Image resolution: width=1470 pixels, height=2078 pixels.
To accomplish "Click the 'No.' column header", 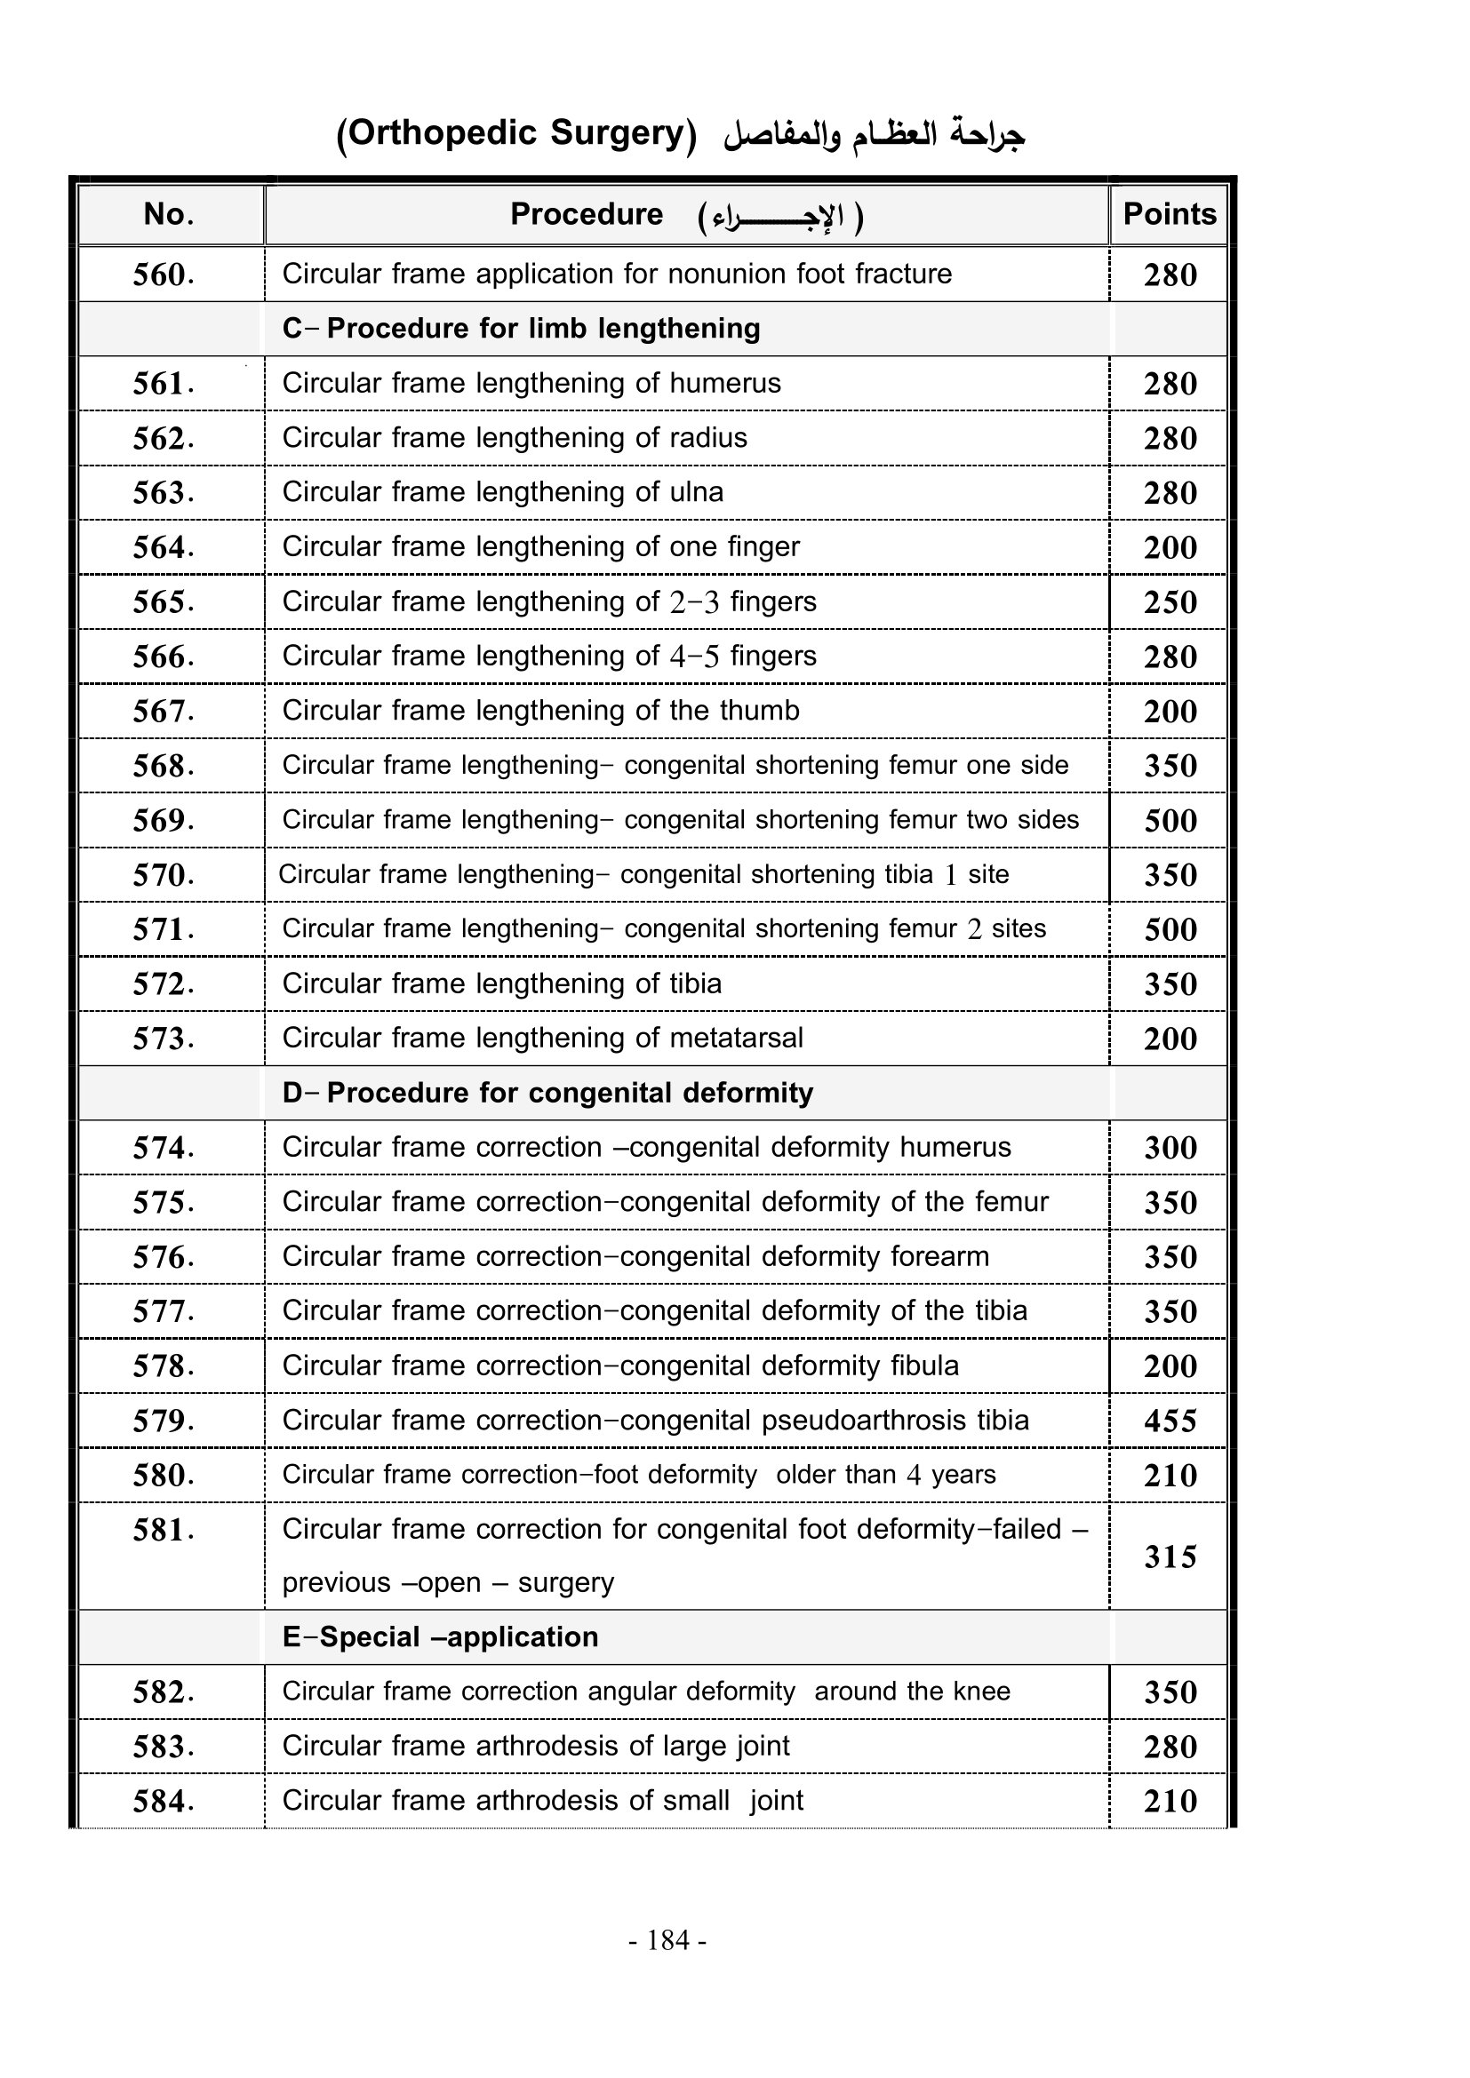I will (x=169, y=214).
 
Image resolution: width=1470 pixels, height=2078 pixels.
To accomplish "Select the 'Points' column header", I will (x=1170, y=214).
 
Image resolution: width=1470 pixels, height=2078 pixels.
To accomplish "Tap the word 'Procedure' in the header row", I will (x=587, y=214).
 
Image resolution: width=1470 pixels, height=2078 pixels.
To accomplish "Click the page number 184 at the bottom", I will (x=668, y=1939).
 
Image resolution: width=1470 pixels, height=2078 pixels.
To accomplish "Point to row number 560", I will (x=163, y=275).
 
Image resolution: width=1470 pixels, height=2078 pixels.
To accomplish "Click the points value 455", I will (x=1170, y=1421).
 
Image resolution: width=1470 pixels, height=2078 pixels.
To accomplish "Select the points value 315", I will (x=1170, y=1557).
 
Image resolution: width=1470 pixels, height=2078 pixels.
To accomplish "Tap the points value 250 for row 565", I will (x=1170, y=602).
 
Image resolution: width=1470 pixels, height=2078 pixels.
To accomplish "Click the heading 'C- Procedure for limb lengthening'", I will (x=521, y=329).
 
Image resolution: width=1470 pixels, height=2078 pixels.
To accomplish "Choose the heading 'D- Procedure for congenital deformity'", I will (x=547, y=1094).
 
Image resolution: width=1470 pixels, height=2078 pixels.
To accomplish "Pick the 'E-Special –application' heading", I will (x=440, y=1637).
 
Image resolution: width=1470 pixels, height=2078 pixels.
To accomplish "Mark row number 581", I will (x=163, y=1531).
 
